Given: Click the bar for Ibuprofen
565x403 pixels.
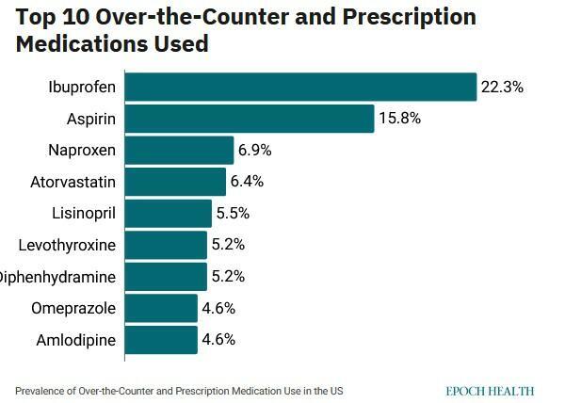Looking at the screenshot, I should [300, 87].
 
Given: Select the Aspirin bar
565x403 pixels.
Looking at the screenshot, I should [249, 119].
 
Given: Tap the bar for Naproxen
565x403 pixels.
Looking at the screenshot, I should [179, 151].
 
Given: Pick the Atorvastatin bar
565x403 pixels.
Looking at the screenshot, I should [175, 182].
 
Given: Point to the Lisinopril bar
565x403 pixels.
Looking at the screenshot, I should [168, 214].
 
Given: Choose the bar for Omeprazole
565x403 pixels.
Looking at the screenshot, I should [160, 308].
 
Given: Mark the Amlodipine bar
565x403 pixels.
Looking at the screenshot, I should [160, 340].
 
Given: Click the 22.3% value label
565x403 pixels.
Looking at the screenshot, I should [501, 87].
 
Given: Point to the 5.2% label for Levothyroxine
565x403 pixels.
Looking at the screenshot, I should [230, 245].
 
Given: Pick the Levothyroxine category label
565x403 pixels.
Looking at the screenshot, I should [67, 245].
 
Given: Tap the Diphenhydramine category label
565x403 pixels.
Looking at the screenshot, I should [58, 277].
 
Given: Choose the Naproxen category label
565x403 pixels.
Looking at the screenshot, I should [82, 151].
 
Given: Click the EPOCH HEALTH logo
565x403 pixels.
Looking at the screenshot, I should [490, 389].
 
